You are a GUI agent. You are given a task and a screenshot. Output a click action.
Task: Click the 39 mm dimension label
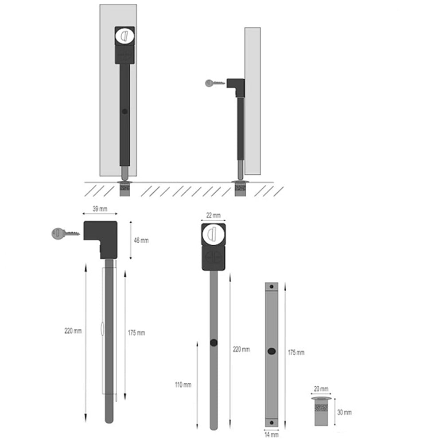[x=100, y=209]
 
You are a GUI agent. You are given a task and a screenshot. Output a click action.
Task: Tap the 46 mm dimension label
[x=141, y=241]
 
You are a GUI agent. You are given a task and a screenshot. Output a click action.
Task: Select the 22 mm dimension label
[x=214, y=215]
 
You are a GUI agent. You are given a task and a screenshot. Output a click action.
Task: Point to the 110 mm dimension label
[x=183, y=385]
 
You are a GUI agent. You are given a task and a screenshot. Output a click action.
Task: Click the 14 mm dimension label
[x=272, y=435]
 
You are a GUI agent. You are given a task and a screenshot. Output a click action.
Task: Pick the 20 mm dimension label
[x=321, y=389]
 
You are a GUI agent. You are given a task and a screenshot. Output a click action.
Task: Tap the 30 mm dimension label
[x=344, y=412]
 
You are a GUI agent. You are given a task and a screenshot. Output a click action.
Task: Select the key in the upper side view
[x=215, y=83]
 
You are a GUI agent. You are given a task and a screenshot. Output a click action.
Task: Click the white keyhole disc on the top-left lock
[x=124, y=36]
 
